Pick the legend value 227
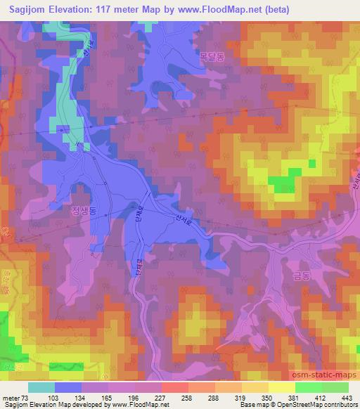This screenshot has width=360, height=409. point(160,397)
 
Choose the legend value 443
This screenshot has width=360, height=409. point(345,397)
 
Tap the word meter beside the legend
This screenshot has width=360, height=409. point(11,397)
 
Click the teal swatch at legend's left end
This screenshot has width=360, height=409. point(41,387)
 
